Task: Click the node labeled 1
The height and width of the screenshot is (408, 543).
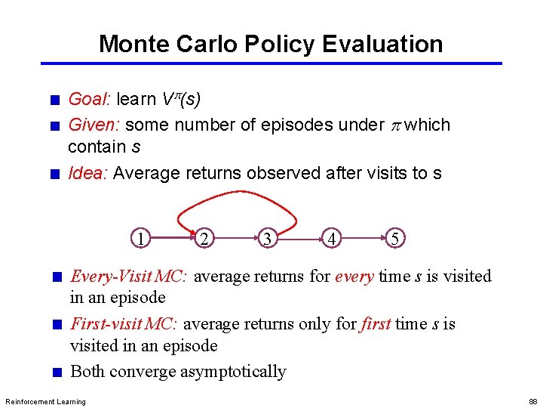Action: click(141, 238)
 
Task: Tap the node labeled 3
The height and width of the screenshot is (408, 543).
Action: click(268, 238)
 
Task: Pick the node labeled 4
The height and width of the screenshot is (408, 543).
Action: click(331, 238)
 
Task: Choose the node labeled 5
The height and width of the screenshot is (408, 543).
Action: click(395, 238)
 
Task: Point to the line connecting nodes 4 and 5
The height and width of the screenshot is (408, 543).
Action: click(363, 238)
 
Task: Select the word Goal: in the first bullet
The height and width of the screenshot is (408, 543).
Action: click(90, 99)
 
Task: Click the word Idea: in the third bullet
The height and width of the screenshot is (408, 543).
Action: click(89, 173)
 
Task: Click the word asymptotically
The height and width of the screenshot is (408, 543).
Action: click(233, 371)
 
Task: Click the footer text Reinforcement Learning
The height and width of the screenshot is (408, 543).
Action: click(45, 401)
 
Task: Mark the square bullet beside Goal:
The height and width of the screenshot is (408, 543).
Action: click(54, 100)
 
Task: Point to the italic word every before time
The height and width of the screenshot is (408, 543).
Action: click(354, 277)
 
